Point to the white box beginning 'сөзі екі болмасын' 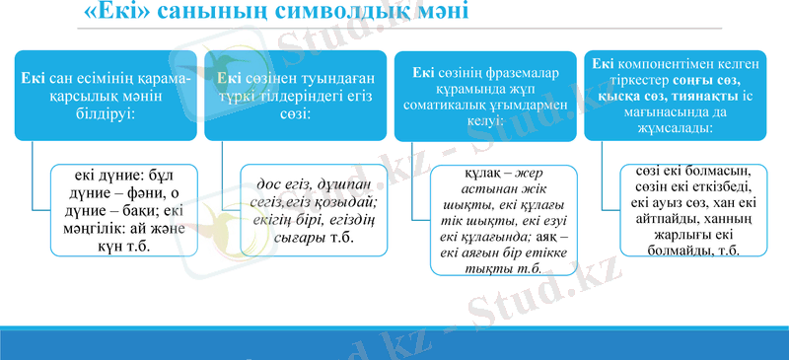click(x=687, y=209)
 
